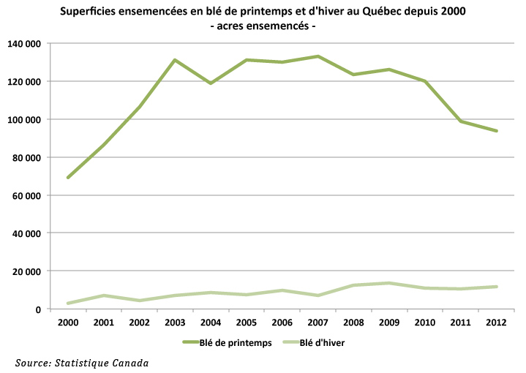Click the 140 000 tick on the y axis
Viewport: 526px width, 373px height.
click(23, 43)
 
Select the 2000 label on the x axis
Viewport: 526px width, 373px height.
click(68, 322)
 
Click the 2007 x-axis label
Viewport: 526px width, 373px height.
click(318, 322)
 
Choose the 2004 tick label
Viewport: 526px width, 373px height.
click(211, 322)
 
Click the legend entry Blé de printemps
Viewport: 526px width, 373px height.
click(230, 344)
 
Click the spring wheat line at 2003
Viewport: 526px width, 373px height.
click(175, 60)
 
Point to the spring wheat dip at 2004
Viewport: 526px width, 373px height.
click(211, 83)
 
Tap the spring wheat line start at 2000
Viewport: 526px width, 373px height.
click(68, 178)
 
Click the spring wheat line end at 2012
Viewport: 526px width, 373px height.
click(497, 131)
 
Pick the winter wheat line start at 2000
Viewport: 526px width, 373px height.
click(68, 304)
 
